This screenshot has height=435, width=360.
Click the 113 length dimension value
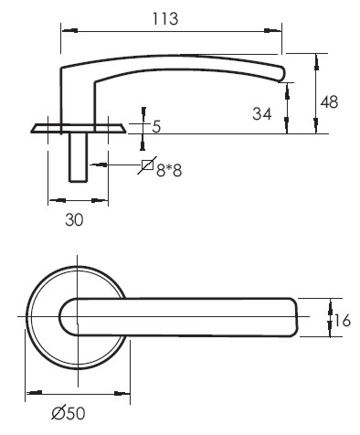(x=165, y=18)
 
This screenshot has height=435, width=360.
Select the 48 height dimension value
(x=329, y=101)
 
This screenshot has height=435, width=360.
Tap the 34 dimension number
(x=261, y=114)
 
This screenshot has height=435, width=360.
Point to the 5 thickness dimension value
(x=156, y=126)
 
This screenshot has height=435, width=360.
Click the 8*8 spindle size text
(x=169, y=170)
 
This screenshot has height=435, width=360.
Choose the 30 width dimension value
(x=74, y=219)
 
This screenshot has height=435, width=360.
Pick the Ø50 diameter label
(x=69, y=413)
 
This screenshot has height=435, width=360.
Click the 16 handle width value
(x=343, y=321)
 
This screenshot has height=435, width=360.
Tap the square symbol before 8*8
(x=147, y=165)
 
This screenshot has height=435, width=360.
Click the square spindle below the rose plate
(x=79, y=157)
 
